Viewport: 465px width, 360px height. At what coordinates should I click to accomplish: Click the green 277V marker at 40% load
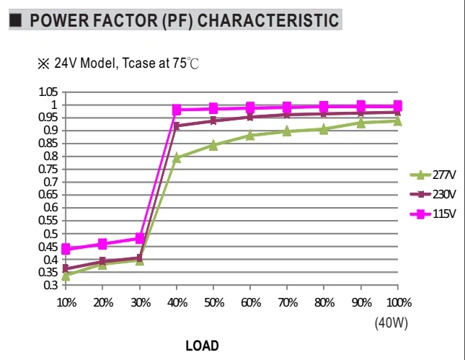tap(177, 157)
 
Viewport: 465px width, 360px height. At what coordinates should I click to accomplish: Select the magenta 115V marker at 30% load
tap(140, 238)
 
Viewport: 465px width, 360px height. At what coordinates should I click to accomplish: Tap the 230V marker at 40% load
tap(177, 126)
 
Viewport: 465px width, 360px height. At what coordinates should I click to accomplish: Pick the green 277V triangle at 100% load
tap(398, 120)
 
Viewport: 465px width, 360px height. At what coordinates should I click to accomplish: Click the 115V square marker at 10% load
tap(66, 249)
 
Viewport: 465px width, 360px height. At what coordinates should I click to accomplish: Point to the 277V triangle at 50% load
tap(213, 145)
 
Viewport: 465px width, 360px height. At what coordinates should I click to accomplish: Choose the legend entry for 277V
tap(433, 175)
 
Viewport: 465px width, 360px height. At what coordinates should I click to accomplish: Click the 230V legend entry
tap(433, 194)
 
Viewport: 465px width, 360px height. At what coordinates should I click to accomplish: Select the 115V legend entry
tap(433, 214)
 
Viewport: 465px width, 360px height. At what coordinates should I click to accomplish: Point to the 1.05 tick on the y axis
tap(48, 92)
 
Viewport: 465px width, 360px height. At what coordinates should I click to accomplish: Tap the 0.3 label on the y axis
tap(50, 285)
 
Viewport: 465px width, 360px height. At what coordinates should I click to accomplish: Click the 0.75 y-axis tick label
tap(48, 169)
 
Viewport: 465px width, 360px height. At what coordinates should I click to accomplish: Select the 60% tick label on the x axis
tap(251, 303)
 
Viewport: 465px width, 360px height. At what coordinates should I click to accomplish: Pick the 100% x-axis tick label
tap(399, 303)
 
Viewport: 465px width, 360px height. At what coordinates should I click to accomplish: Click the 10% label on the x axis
tap(67, 303)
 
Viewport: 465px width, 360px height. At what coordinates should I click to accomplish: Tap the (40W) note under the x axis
tap(391, 322)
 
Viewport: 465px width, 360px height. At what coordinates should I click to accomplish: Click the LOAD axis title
tap(203, 346)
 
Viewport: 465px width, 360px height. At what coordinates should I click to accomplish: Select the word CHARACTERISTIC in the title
tap(268, 20)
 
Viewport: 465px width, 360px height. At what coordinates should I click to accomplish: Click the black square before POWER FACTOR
tap(16, 20)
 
